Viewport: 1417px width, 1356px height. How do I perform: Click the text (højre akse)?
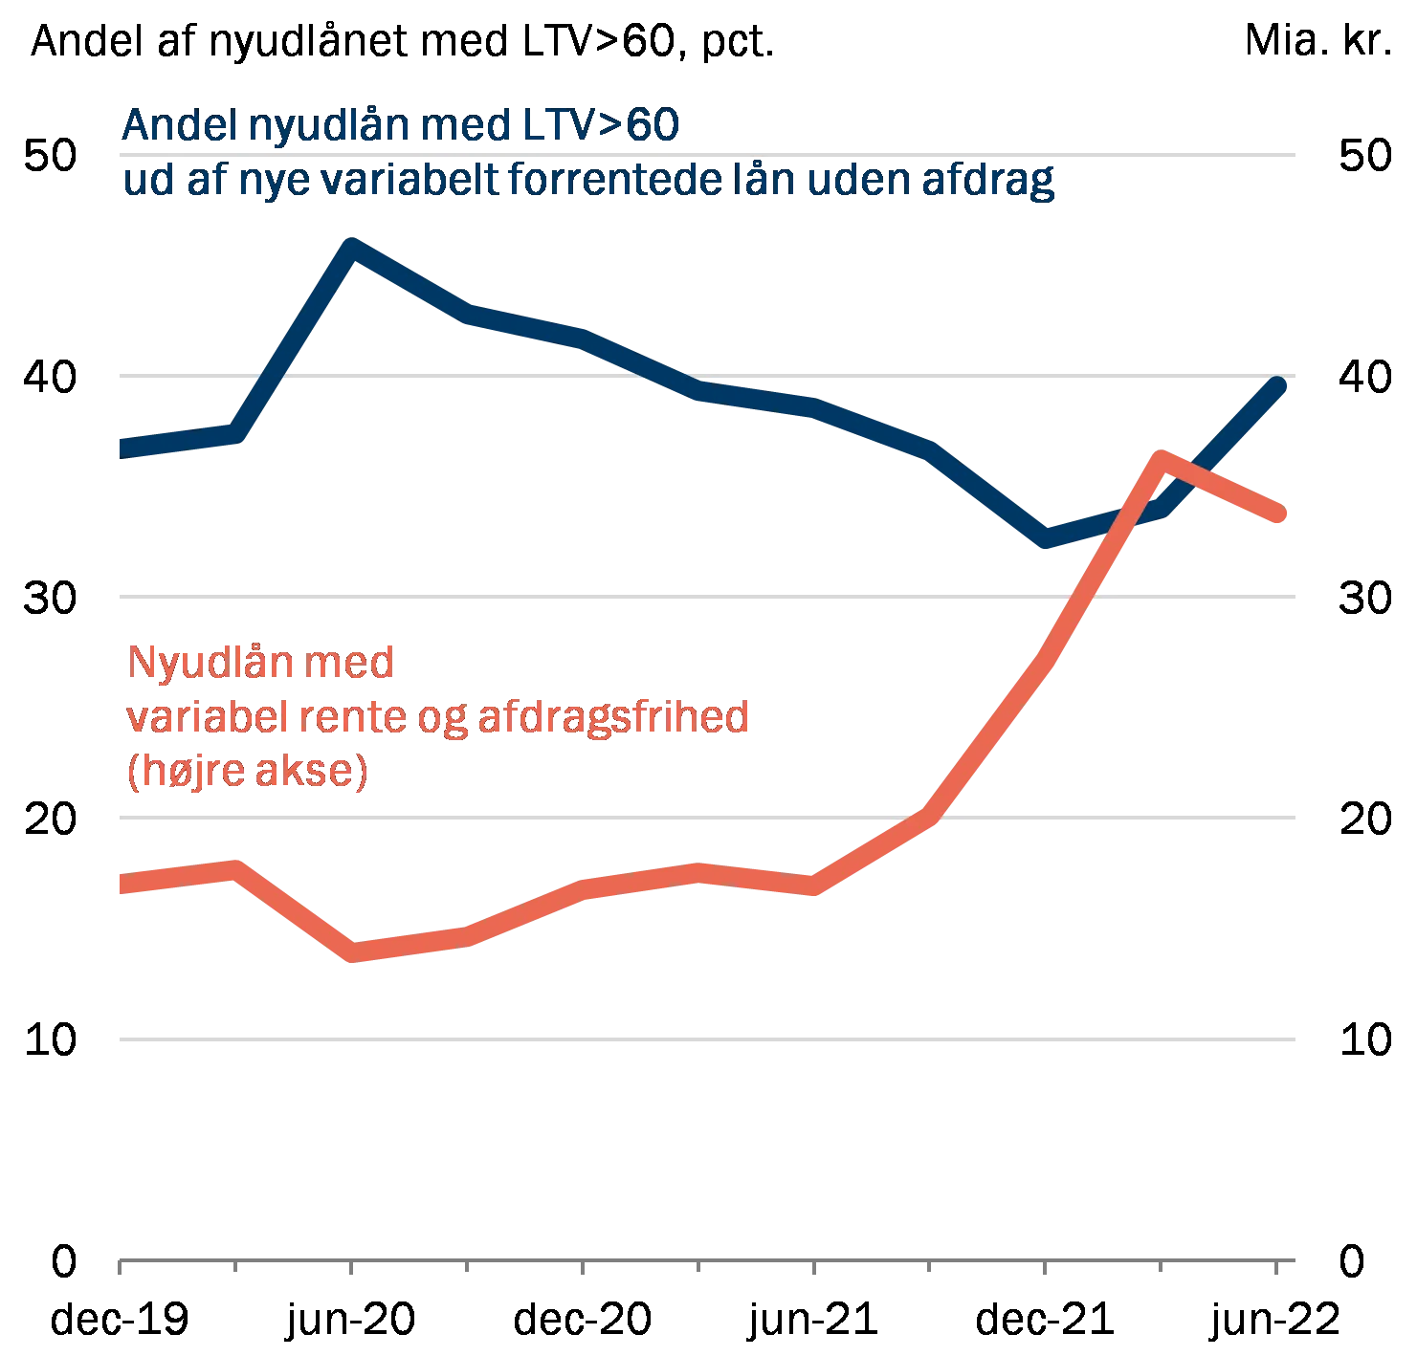click(248, 772)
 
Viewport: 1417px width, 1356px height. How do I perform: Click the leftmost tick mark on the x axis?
click(119, 1267)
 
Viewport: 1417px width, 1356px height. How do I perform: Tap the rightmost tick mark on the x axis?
click(1274, 1267)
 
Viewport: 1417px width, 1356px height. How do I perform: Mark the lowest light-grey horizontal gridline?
click(708, 1040)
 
